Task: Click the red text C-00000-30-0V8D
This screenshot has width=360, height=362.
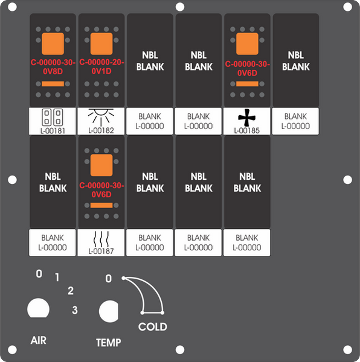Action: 53,67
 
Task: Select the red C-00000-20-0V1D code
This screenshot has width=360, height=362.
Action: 101,66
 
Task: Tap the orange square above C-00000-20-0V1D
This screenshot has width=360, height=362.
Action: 101,43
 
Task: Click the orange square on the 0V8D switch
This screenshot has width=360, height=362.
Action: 53,43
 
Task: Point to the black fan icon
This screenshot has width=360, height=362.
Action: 247,118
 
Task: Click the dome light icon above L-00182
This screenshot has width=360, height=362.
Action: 101,117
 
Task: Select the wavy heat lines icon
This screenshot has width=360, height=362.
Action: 101,239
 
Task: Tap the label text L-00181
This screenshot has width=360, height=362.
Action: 53,131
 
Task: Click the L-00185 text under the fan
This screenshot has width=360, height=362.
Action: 247,131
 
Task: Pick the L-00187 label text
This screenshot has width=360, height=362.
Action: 101,251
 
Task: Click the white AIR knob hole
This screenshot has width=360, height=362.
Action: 39,308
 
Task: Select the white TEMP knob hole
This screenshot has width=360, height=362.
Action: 109,311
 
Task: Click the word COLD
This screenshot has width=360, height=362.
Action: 153,326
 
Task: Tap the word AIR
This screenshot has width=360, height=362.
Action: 39,340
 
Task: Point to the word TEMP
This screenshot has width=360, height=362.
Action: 109,343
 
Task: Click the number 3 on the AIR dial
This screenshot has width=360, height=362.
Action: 75,310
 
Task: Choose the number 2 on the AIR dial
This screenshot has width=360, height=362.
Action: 71,291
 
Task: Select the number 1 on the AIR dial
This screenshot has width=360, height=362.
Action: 57,278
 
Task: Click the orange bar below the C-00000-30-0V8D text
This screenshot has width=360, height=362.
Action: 53,84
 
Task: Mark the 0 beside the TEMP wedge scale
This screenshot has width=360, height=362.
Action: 109,279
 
